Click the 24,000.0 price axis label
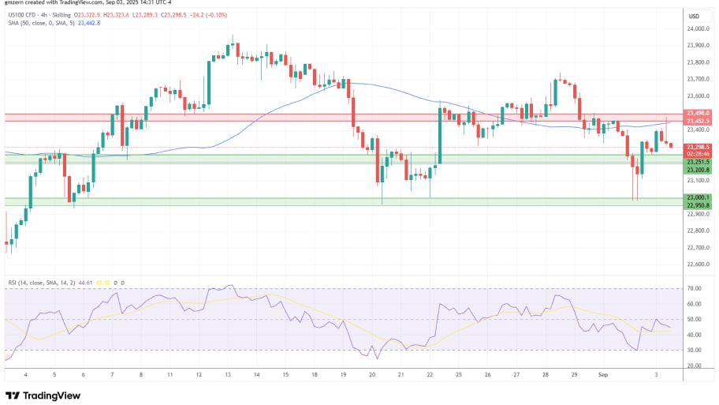pos(698,28)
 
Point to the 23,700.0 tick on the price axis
pos(698,79)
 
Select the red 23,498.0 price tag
pos(699,113)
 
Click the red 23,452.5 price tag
pos(699,120)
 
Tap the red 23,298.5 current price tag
pos(699,147)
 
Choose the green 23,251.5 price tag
pos(699,161)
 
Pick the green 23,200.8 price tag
pos(699,170)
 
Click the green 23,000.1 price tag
pos(699,197)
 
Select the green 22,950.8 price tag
pos(699,205)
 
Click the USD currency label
pos(695,16)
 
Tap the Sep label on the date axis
pos(602,374)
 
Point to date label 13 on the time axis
pos(229,374)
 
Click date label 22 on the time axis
pos(430,374)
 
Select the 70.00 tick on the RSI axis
pos(695,288)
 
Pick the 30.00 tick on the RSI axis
pos(695,350)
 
